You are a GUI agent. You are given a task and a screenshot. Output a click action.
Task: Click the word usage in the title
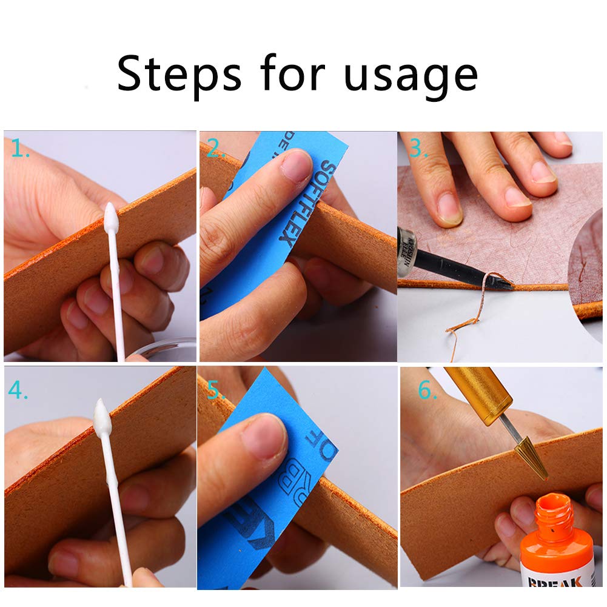411,76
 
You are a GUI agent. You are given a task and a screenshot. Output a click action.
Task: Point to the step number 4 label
18,391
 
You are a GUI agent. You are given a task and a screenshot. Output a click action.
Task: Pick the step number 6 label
428,391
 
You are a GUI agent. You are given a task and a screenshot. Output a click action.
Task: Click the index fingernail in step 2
297,167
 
